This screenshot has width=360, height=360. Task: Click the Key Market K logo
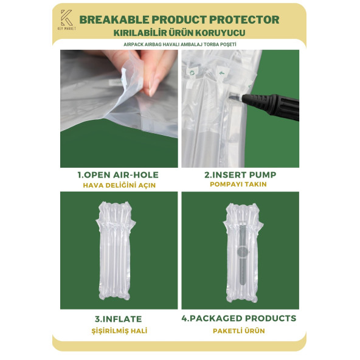(66, 19)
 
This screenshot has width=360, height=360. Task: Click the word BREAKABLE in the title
(114, 19)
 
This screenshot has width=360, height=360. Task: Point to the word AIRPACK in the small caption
(133, 44)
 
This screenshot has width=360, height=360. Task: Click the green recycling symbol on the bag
(192, 73)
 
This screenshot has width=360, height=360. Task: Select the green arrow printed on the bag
(222, 73)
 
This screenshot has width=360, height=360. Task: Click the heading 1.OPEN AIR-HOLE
(118, 175)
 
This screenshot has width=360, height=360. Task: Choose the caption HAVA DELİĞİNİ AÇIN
(119, 185)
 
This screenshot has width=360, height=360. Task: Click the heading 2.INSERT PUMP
(240, 175)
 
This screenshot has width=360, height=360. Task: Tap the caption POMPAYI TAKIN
(238, 184)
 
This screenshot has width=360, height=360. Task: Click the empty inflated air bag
(116, 251)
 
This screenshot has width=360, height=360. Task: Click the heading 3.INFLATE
(118, 319)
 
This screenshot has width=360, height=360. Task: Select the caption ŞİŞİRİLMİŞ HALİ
(119, 331)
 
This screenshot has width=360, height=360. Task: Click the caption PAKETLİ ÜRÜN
(239, 331)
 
